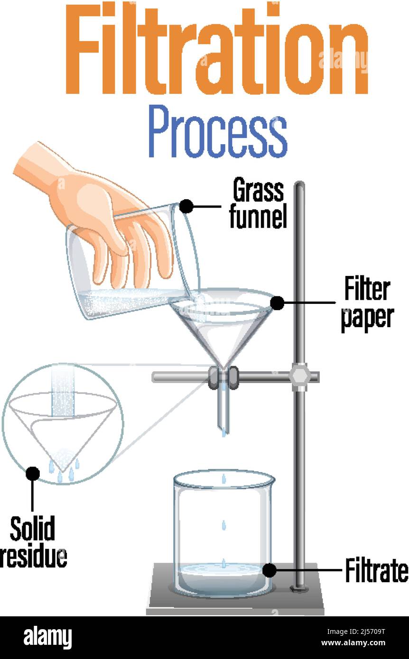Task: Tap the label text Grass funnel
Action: coord(258,204)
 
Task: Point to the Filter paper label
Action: coord(367,303)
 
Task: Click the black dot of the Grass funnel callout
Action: coord(186,206)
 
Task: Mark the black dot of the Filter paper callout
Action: coord(277,303)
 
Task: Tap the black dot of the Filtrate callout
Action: coord(270,570)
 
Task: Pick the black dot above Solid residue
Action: coord(33,473)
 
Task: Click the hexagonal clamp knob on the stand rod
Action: coord(299,377)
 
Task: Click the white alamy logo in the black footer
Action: coord(47,638)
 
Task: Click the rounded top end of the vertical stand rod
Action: coord(299,185)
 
